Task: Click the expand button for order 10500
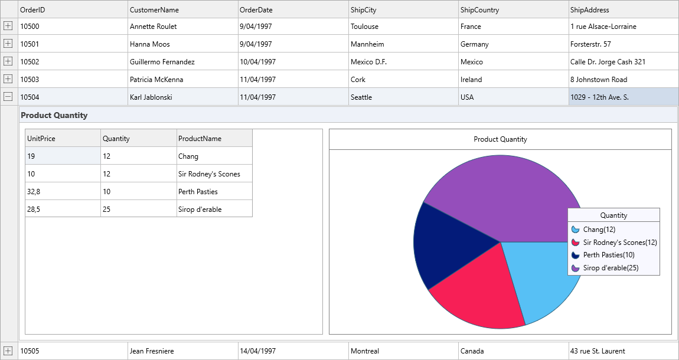coord(8,26)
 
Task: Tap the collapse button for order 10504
coord(8,97)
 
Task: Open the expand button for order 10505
coord(8,351)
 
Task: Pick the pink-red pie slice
coord(478,295)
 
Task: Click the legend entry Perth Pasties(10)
coord(608,255)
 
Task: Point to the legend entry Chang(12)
coord(599,230)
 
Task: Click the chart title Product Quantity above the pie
coord(500,139)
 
